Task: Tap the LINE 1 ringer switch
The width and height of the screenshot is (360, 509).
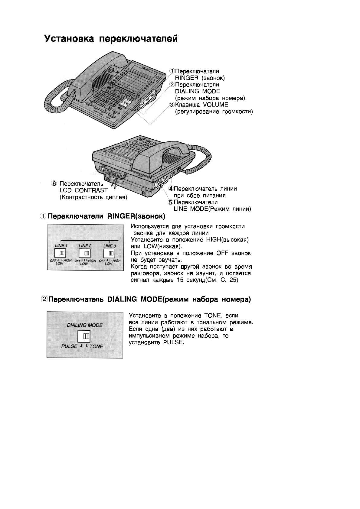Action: pos(61,253)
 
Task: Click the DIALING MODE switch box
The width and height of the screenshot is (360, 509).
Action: pos(84,336)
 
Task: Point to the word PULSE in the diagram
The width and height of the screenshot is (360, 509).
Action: pos(69,346)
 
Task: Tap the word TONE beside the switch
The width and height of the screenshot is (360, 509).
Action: pos(96,346)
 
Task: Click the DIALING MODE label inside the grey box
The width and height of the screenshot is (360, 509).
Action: pos(85,325)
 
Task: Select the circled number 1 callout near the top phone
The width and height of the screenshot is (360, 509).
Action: pos(172,71)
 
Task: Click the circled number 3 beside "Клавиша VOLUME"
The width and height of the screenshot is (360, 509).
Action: pos(172,105)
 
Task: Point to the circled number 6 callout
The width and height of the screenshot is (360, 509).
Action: pos(54,184)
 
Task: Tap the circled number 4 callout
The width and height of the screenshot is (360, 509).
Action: pos(171,189)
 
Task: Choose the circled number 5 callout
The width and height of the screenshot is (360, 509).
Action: pos(171,202)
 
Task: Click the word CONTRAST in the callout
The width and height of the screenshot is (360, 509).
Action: pos(91,190)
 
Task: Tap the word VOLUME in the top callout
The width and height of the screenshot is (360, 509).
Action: pos(216,105)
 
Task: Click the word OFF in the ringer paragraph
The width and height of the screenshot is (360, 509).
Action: pos(224,253)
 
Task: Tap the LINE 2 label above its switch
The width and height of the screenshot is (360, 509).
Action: pos(85,246)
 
